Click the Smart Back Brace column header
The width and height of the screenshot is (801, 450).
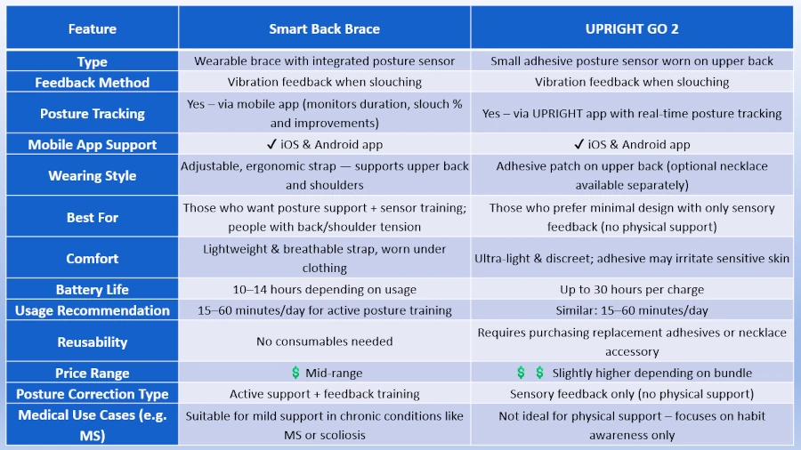tap(324, 28)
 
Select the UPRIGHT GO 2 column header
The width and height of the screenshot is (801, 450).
tap(632, 28)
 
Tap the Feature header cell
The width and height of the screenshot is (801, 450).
tap(93, 28)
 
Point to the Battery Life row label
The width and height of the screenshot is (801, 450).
tap(93, 289)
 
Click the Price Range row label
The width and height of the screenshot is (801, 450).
tap(93, 373)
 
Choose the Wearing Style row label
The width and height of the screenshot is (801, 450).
tap(93, 175)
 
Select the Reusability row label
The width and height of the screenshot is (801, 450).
tap(93, 342)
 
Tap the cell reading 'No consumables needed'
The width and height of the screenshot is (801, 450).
tap(324, 342)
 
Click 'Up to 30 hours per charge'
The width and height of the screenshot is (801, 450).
tap(632, 289)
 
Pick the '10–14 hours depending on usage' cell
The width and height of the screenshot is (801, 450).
tap(324, 289)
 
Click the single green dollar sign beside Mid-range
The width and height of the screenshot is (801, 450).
tap(295, 373)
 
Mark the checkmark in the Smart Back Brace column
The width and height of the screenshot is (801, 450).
tap(271, 144)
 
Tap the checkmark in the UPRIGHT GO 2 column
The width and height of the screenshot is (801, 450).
tap(578, 144)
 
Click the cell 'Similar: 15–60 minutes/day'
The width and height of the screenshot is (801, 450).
tap(632, 310)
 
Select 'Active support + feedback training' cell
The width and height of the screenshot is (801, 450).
tap(324, 394)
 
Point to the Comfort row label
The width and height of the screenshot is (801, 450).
tap(93, 259)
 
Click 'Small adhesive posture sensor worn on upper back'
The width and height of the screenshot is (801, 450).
tap(632, 61)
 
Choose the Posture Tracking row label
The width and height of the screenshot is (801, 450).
tap(93, 113)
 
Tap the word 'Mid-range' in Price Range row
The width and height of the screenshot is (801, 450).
tap(334, 373)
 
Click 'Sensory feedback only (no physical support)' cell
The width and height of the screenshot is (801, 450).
tap(632, 394)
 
